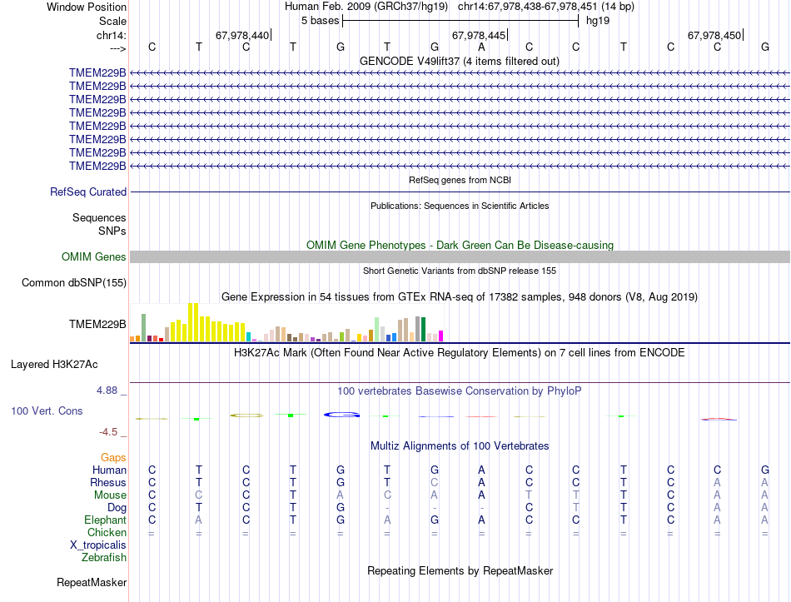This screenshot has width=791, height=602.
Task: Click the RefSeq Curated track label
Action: pos(88,192)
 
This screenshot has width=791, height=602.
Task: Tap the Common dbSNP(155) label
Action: pos(74,283)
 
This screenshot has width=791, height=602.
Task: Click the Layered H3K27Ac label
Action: pos(54,365)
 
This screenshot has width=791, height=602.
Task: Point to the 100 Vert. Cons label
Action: pos(47,411)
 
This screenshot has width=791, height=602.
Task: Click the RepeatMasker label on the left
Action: pos(92,582)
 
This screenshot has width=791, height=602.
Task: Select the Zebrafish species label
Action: pos(104,558)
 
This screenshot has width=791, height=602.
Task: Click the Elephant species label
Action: pos(105,520)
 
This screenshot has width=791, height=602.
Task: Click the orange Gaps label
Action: pos(113,458)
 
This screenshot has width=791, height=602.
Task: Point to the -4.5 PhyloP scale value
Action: pos(109,432)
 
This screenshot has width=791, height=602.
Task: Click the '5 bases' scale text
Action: pos(320,20)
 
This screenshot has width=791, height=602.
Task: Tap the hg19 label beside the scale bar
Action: pos(598,20)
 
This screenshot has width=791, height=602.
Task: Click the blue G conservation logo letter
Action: pos(341,414)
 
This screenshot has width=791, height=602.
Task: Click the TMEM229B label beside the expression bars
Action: pos(97,325)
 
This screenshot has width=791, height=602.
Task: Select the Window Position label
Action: pos(87,7)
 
